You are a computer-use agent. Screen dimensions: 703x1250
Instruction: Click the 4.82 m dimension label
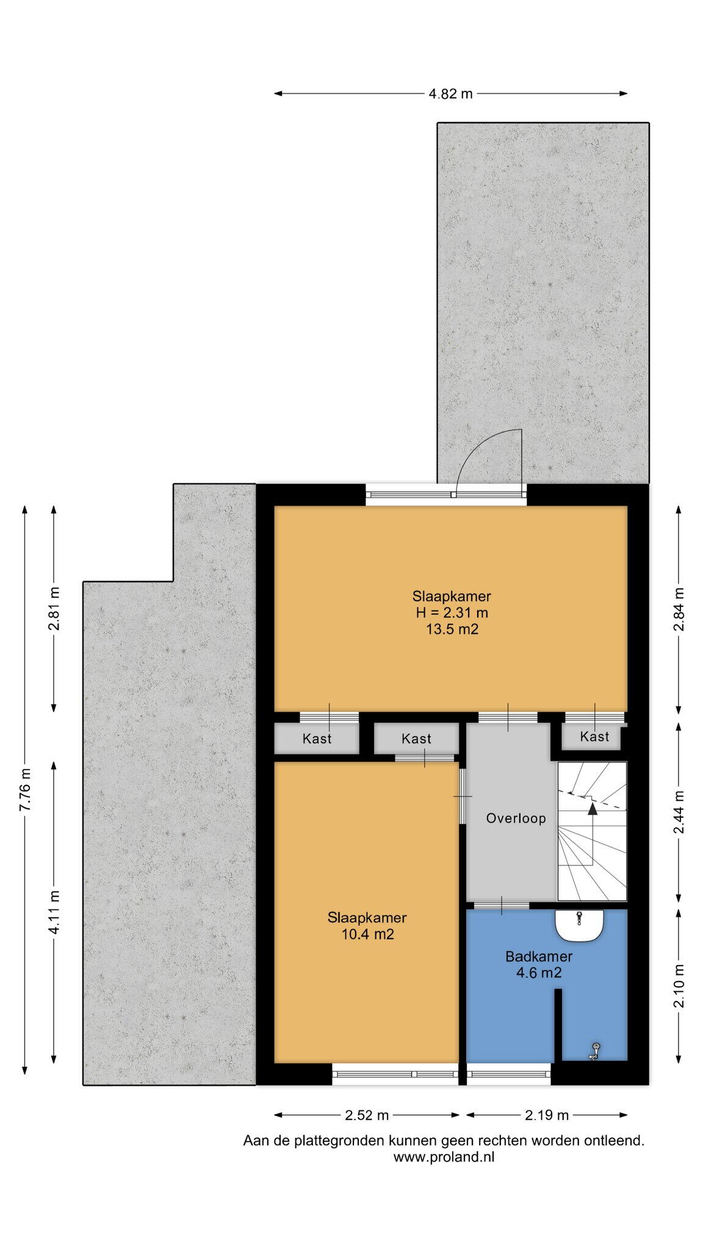click(x=450, y=93)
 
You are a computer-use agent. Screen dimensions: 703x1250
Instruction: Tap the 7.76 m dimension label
click(x=24, y=790)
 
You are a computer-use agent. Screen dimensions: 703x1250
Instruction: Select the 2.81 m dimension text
click(x=54, y=609)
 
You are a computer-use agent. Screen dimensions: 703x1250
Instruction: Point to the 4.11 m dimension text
click(x=54, y=912)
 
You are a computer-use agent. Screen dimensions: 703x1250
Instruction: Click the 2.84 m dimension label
click(x=679, y=609)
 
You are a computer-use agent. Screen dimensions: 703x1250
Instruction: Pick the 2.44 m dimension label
click(x=679, y=812)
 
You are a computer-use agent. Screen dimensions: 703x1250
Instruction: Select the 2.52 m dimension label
click(x=367, y=1115)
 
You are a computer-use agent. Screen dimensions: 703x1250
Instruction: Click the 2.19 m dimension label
click(x=547, y=1115)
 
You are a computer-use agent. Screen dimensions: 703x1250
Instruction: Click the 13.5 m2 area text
click(x=452, y=629)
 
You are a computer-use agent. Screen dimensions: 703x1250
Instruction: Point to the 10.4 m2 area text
click(x=367, y=934)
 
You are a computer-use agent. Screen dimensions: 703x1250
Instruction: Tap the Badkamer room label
click(x=539, y=956)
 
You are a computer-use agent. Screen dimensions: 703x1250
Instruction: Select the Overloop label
click(x=516, y=818)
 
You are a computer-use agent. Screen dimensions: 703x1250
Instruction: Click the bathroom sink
click(x=579, y=926)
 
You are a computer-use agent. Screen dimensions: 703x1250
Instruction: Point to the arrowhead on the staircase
click(x=592, y=809)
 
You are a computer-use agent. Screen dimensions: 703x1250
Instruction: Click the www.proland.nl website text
click(x=444, y=1157)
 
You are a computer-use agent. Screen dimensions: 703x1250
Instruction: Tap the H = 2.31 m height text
click(x=452, y=613)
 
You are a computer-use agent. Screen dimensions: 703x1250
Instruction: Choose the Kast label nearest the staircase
click(x=594, y=737)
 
